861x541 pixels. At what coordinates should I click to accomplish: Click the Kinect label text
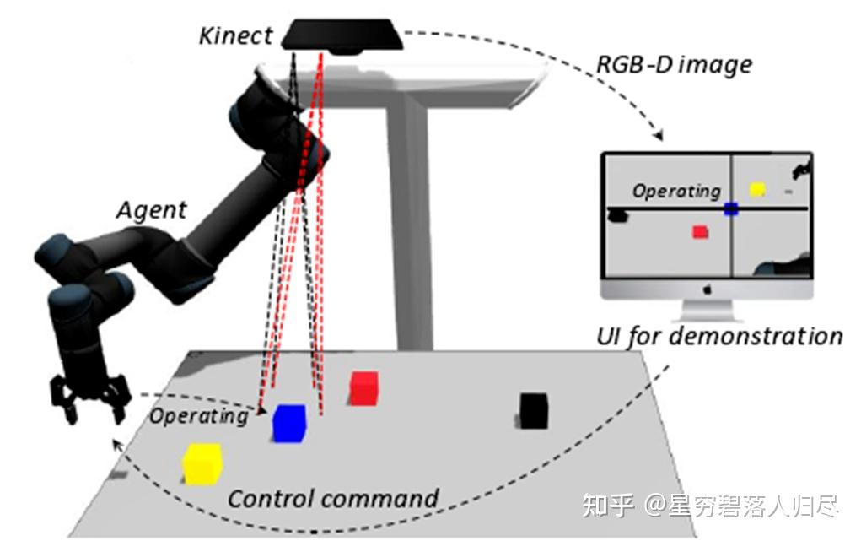coord(236,36)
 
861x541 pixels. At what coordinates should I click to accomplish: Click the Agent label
coord(151,209)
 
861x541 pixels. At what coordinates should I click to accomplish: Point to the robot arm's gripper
coord(91,398)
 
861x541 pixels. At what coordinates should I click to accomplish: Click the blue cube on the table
coord(288,423)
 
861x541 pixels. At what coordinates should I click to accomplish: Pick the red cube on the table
coord(363,388)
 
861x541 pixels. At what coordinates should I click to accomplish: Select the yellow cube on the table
coord(202,464)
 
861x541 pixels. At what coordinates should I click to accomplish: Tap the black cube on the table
coord(534,410)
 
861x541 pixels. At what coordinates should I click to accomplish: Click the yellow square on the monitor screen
coord(756,190)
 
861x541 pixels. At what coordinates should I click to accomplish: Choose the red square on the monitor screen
coord(700,231)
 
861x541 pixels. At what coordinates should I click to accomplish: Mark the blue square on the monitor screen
coord(730,208)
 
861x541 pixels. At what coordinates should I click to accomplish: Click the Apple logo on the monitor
coord(707,289)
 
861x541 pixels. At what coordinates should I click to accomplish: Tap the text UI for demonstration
coord(719,336)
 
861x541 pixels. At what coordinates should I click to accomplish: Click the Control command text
coord(333,498)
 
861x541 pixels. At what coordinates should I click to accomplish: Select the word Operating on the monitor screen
coord(676,192)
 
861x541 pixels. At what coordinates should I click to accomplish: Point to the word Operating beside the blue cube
coord(199,415)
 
